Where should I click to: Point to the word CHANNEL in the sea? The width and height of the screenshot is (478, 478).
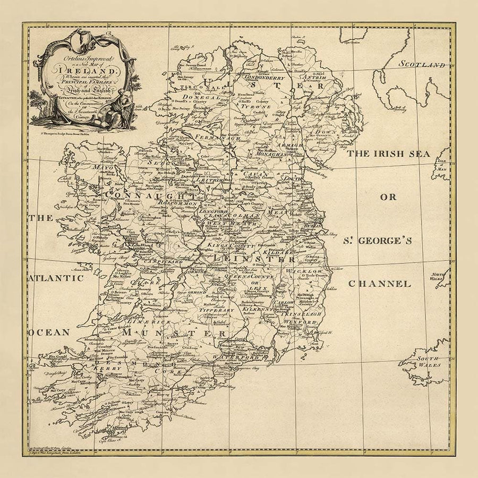379,284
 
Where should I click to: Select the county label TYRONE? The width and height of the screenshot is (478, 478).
258,106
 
